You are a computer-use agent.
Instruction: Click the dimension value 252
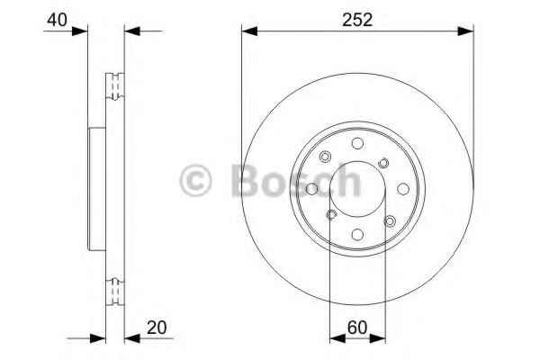[x=357, y=20]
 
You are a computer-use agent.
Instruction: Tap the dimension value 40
[x=58, y=20]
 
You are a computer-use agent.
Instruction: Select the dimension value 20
[x=157, y=328]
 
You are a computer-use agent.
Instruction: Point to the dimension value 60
[x=357, y=328]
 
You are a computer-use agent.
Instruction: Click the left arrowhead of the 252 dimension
[x=249, y=31]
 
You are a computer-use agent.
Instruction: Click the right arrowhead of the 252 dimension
[x=465, y=31]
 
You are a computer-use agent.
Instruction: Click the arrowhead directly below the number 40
[x=80, y=31]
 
